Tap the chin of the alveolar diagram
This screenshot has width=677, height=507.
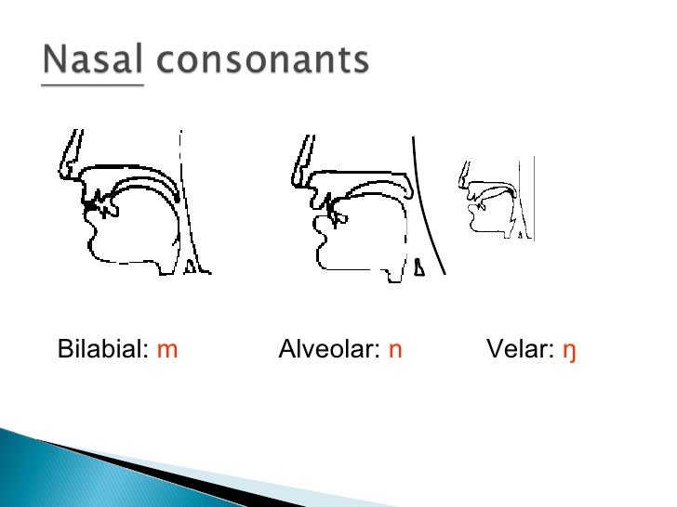[x=325, y=251]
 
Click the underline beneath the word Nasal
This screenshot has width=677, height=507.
[x=93, y=84]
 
